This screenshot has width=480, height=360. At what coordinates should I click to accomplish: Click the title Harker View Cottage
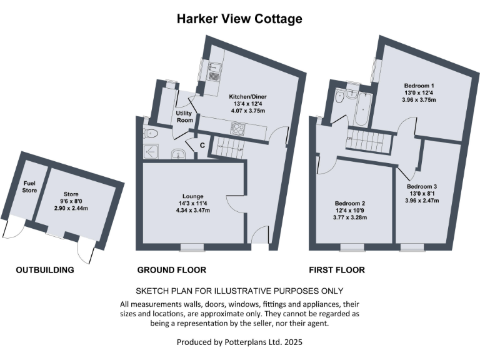(239, 19)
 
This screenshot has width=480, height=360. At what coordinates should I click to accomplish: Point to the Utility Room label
(184, 117)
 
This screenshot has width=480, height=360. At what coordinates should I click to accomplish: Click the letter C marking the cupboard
(202, 146)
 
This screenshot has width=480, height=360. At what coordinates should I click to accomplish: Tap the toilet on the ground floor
(151, 132)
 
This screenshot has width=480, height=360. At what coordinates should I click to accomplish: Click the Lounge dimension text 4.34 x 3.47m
(192, 211)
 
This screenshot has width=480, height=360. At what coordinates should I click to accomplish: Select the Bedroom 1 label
(419, 86)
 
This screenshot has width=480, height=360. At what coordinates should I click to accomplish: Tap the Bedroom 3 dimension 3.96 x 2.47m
(422, 201)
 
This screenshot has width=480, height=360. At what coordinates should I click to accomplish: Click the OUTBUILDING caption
(45, 270)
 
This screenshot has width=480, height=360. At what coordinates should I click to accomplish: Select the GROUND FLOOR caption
(172, 270)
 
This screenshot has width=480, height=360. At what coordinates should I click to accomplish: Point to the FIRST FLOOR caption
(337, 270)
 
